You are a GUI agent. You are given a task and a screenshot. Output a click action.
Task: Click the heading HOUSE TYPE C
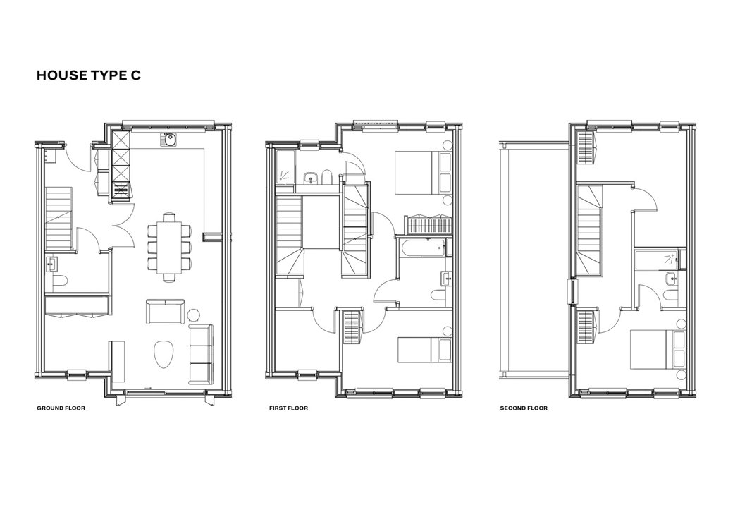(88, 75)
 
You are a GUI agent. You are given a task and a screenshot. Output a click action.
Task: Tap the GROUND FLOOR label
(61, 408)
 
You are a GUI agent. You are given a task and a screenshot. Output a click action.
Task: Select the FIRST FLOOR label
(288, 408)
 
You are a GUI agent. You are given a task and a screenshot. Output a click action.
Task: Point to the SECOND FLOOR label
(524, 408)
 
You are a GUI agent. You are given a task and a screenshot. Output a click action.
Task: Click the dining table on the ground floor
(169, 247)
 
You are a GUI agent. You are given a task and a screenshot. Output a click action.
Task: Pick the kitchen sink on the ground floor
(168, 139)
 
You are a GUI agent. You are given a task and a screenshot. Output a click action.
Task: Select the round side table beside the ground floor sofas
(194, 315)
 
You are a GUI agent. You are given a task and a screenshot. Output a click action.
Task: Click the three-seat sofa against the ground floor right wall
(201, 353)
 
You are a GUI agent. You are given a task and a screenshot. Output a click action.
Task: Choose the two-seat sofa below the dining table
(165, 311)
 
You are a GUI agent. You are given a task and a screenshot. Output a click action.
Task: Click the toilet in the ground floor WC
(58, 282)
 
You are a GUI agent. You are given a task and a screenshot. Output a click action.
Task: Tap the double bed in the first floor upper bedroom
(422, 173)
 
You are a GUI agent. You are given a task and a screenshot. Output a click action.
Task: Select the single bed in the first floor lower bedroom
(424, 350)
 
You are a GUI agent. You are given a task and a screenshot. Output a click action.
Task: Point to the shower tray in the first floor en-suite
(285, 168)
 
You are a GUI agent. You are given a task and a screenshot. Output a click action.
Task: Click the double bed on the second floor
(658, 350)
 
